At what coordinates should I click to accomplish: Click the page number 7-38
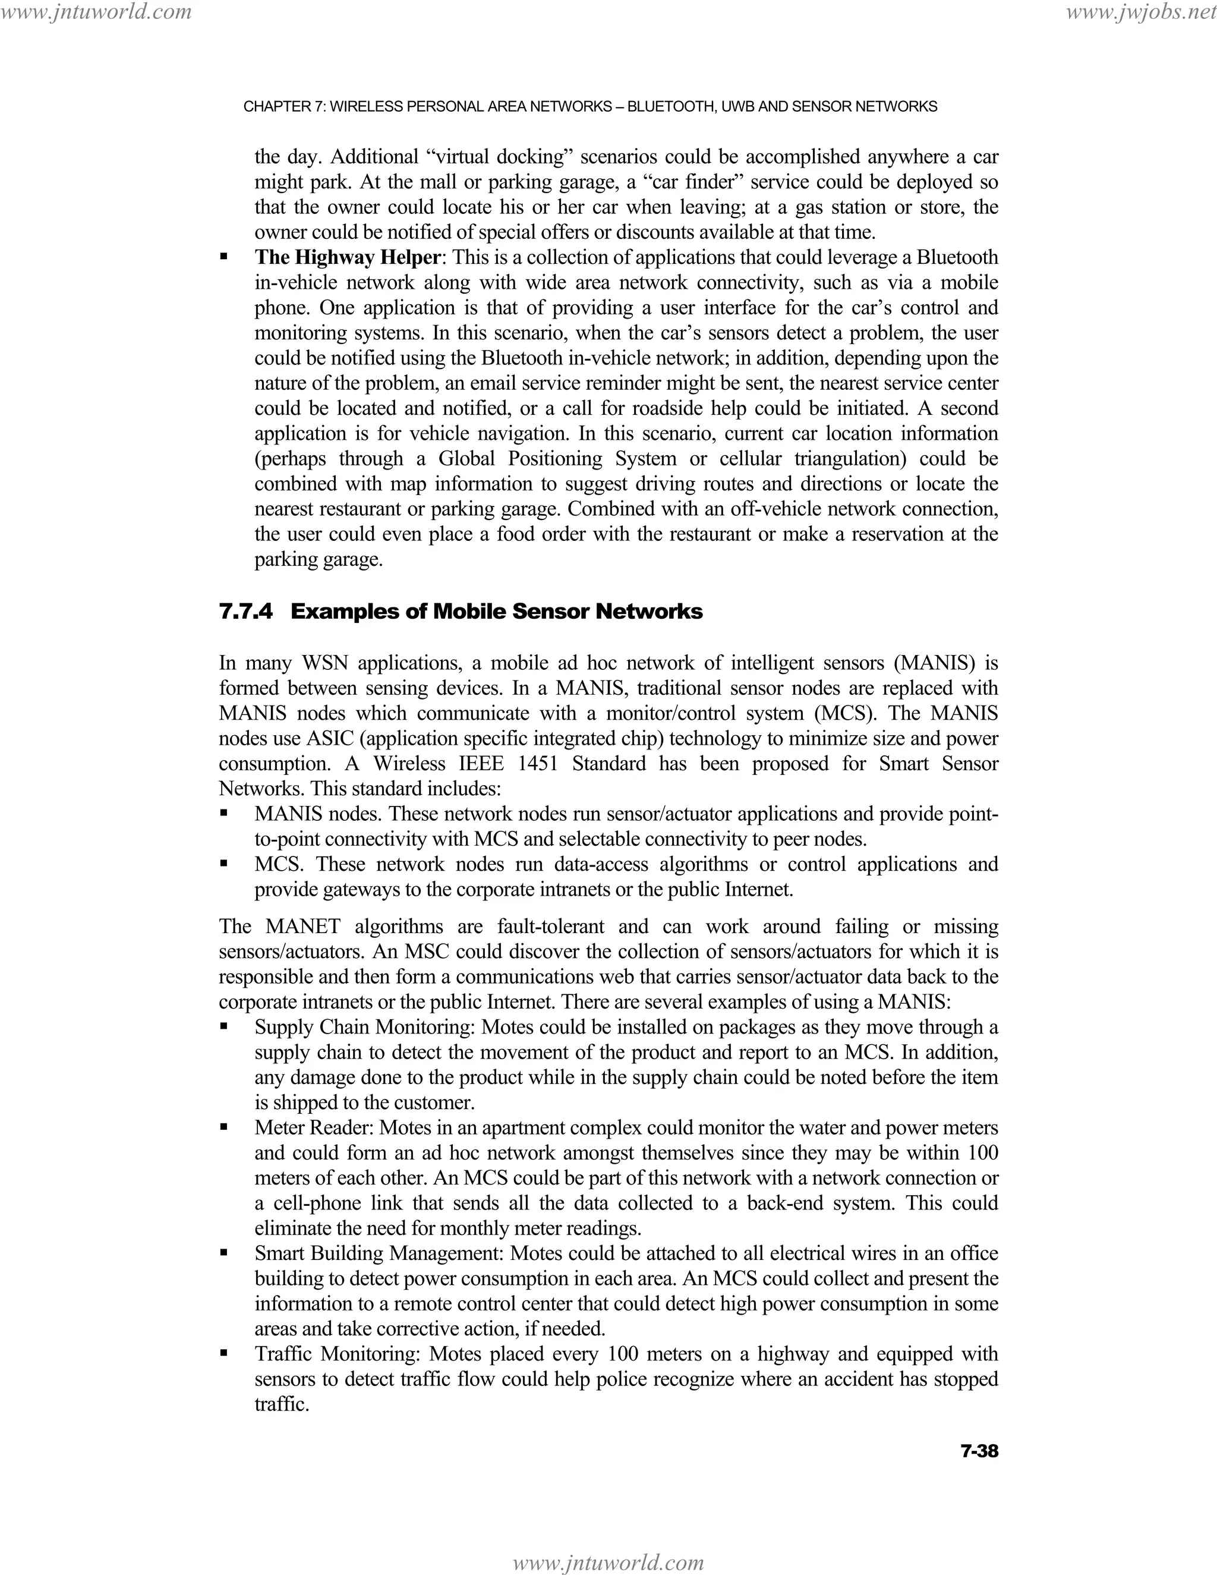pos(979,1451)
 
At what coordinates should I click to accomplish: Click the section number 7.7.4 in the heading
pos(246,612)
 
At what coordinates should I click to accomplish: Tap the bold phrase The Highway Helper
pos(347,257)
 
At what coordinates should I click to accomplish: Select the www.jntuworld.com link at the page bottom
pos(608,1562)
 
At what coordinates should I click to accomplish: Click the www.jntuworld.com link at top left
pos(96,11)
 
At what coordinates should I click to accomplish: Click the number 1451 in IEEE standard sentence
pos(538,764)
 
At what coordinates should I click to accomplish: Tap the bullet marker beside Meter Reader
pos(224,1127)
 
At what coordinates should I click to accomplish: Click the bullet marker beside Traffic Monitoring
pos(224,1353)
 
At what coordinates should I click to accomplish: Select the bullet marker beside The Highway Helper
pos(224,257)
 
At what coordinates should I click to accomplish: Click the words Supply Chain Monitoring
pos(365,1027)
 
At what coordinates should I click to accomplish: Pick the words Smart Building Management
pos(378,1253)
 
